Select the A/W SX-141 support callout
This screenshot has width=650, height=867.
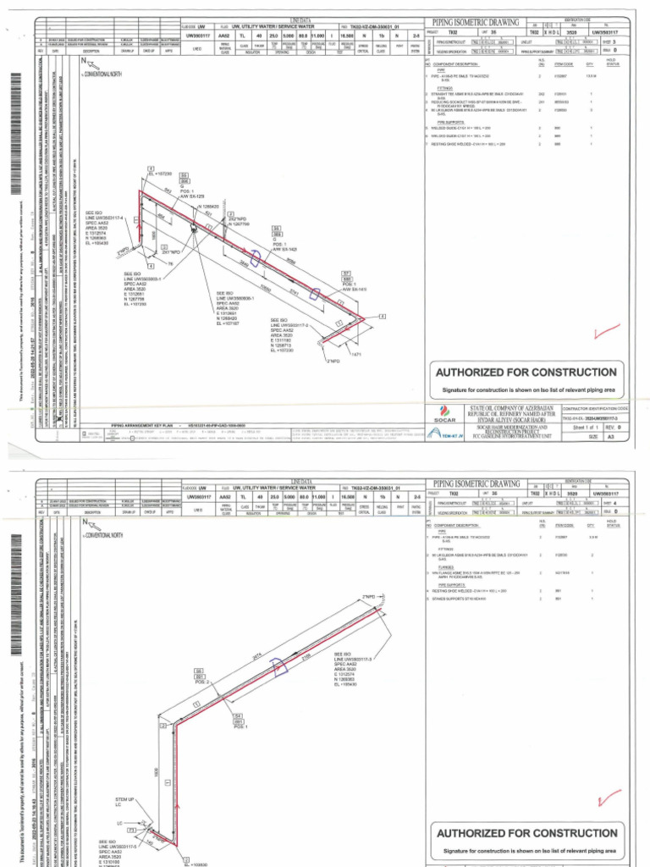click(x=350, y=290)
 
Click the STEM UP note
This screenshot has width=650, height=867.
click(x=124, y=802)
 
